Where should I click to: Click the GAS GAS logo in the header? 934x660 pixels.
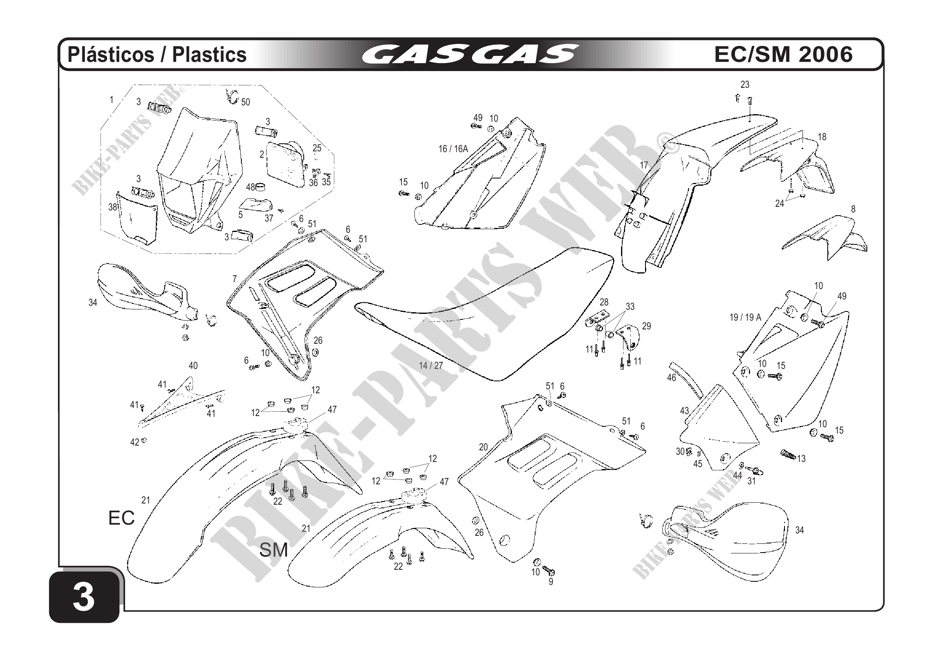click(470, 54)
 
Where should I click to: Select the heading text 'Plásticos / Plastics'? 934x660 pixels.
click(157, 54)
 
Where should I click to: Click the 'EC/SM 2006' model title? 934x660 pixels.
click(783, 54)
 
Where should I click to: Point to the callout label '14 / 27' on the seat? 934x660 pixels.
click(431, 366)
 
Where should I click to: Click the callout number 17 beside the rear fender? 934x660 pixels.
click(644, 165)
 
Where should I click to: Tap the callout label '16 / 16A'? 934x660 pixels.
click(453, 149)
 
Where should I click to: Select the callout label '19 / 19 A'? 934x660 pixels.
click(745, 317)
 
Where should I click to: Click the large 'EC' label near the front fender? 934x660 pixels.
click(121, 518)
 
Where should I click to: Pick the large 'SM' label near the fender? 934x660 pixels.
click(273, 550)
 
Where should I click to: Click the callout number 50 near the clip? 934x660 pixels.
click(245, 102)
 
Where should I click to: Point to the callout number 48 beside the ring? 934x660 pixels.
click(251, 187)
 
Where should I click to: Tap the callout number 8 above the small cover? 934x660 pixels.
click(853, 209)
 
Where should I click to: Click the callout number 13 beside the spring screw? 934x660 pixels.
click(801, 459)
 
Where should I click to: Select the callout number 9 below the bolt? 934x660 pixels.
click(551, 582)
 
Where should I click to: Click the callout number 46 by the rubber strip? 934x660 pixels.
click(671, 378)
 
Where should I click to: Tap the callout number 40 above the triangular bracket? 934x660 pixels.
click(193, 366)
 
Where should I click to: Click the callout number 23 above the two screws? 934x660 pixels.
click(745, 85)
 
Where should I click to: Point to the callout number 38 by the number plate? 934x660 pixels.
click(113, 207)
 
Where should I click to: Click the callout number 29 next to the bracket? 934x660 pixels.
click(646, 326)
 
